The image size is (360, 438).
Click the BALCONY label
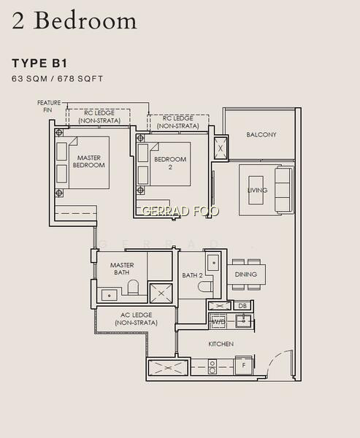261,134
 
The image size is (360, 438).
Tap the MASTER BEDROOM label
89,161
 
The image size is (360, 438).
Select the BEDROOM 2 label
170,163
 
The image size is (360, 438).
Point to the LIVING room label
257,191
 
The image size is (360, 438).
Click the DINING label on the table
245,274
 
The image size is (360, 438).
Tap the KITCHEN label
221,344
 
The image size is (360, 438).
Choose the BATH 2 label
192,275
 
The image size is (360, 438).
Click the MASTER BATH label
122,269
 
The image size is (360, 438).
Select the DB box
242,306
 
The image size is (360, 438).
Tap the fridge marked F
244,365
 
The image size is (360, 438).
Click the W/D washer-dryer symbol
219,321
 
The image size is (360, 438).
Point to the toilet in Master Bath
133,287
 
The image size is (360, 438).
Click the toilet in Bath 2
205,286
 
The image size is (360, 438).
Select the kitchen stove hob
212,366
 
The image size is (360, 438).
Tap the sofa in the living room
284,191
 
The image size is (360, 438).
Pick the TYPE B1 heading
39,64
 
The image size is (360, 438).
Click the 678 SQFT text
80,79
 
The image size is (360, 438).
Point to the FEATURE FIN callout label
49,107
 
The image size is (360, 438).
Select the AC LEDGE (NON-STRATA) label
136,319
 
